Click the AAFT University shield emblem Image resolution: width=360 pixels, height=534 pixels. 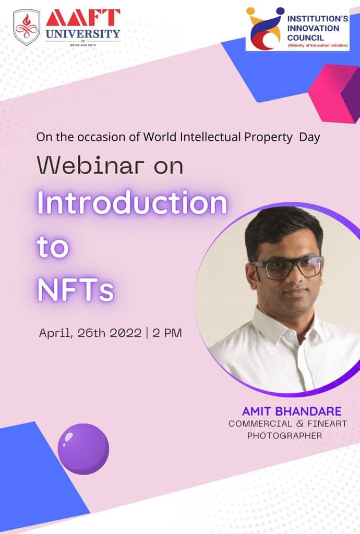[27, 27]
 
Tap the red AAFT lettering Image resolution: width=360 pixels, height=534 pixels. [83, 18]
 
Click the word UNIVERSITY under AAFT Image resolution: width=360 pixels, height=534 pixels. [83, 34]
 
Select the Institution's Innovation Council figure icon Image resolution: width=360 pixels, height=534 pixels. [266, 28]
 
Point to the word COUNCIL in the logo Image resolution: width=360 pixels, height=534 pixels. [306, 38]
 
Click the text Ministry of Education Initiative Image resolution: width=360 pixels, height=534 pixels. [318, 46]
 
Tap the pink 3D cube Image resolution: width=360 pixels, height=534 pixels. [334, 93]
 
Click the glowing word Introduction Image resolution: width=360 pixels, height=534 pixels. [132, 202]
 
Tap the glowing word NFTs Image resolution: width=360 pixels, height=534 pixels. [75, 290]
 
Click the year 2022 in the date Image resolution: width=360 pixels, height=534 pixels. [126, 333]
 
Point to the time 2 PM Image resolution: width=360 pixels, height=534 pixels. [167, 333]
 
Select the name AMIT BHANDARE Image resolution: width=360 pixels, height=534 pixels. [292, 411]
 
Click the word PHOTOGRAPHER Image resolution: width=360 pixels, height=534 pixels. [284, 435]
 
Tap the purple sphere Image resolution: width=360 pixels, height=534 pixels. [83, 449]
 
